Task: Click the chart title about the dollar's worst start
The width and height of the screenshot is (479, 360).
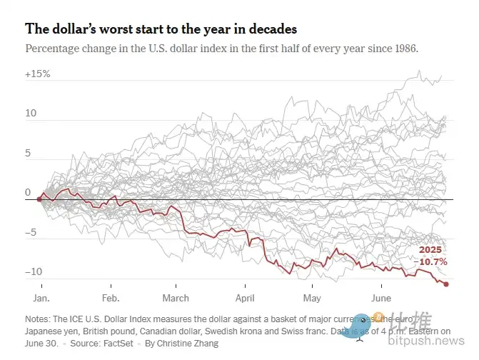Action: pyautogui.click(x=161, y=29)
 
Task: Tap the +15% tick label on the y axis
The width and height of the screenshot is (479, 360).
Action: pyautogui.click(x=37, y=74)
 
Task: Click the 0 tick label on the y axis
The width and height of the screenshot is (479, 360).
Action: pyautogui.click(x=28, y=192)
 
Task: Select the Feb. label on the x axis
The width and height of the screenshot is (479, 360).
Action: pyautogui.click(x=111, y=298)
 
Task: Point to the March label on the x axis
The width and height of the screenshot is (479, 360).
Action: pyautogui.click(x=176, y=298)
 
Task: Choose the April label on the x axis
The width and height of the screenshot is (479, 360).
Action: pyautogui.click(x=245, y=298)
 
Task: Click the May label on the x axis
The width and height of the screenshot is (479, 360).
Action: pyautogui.click(x=312, y=298)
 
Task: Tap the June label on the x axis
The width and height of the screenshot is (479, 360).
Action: pyautogui.click(x=381, y=298)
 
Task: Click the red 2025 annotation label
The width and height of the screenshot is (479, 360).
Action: pyautogui.click(x=430, y=250)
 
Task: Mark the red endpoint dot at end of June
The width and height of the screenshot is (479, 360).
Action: pyautogui.click(x=446, y=284)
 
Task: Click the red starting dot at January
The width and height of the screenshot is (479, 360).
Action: pyautogui.click(x=39, y=199)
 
